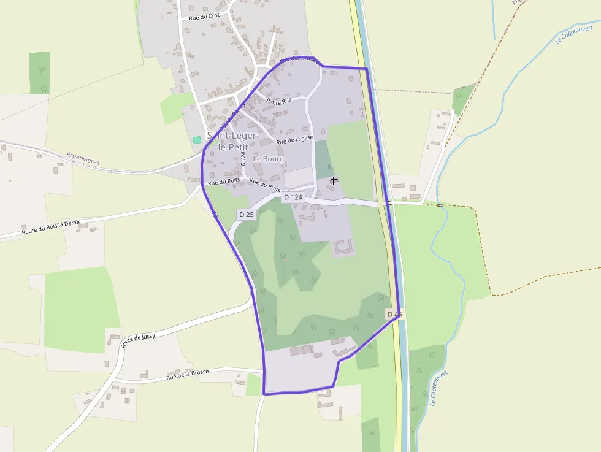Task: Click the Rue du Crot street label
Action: click(x=204, y=17)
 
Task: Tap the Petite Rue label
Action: click(x=279, y=101)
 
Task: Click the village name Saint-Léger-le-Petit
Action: click(x=233, y=141)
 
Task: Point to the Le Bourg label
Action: click(x=269, y=159)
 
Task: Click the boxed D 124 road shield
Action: click(x=294, y=197)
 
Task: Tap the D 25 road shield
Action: click(x=247, y=214)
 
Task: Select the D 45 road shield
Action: click(x=395, y=314)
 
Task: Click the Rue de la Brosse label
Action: click(x=188, y=374)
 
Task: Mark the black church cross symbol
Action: click(x=334, y=180)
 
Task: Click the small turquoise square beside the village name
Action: click(x=197, y=140)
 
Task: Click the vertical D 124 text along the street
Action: click(x=243, y=160)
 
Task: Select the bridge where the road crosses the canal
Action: click(x=388, y=202)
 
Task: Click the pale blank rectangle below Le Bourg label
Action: click(x=299, y=177)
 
